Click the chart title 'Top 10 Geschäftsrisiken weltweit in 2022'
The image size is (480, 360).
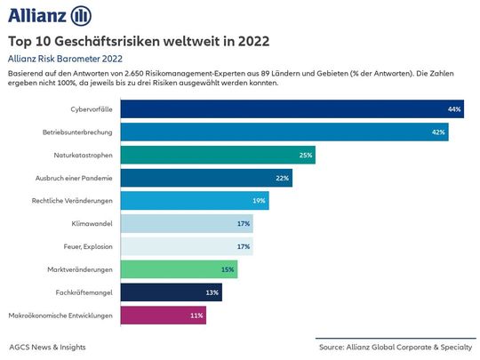139,41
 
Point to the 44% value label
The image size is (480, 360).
454,109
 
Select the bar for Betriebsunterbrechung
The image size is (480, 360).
284,132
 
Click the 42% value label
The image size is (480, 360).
438,132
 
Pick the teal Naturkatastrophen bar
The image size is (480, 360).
218,155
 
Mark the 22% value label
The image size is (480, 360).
282,178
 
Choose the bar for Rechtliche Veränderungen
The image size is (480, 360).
194,201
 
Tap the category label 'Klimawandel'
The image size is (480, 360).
92,223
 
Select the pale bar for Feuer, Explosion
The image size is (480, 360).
187,246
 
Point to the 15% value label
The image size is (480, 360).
228,269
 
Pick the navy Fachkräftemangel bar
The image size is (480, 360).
171,292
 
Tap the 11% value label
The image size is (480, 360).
197,315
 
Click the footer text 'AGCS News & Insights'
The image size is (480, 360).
51,346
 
